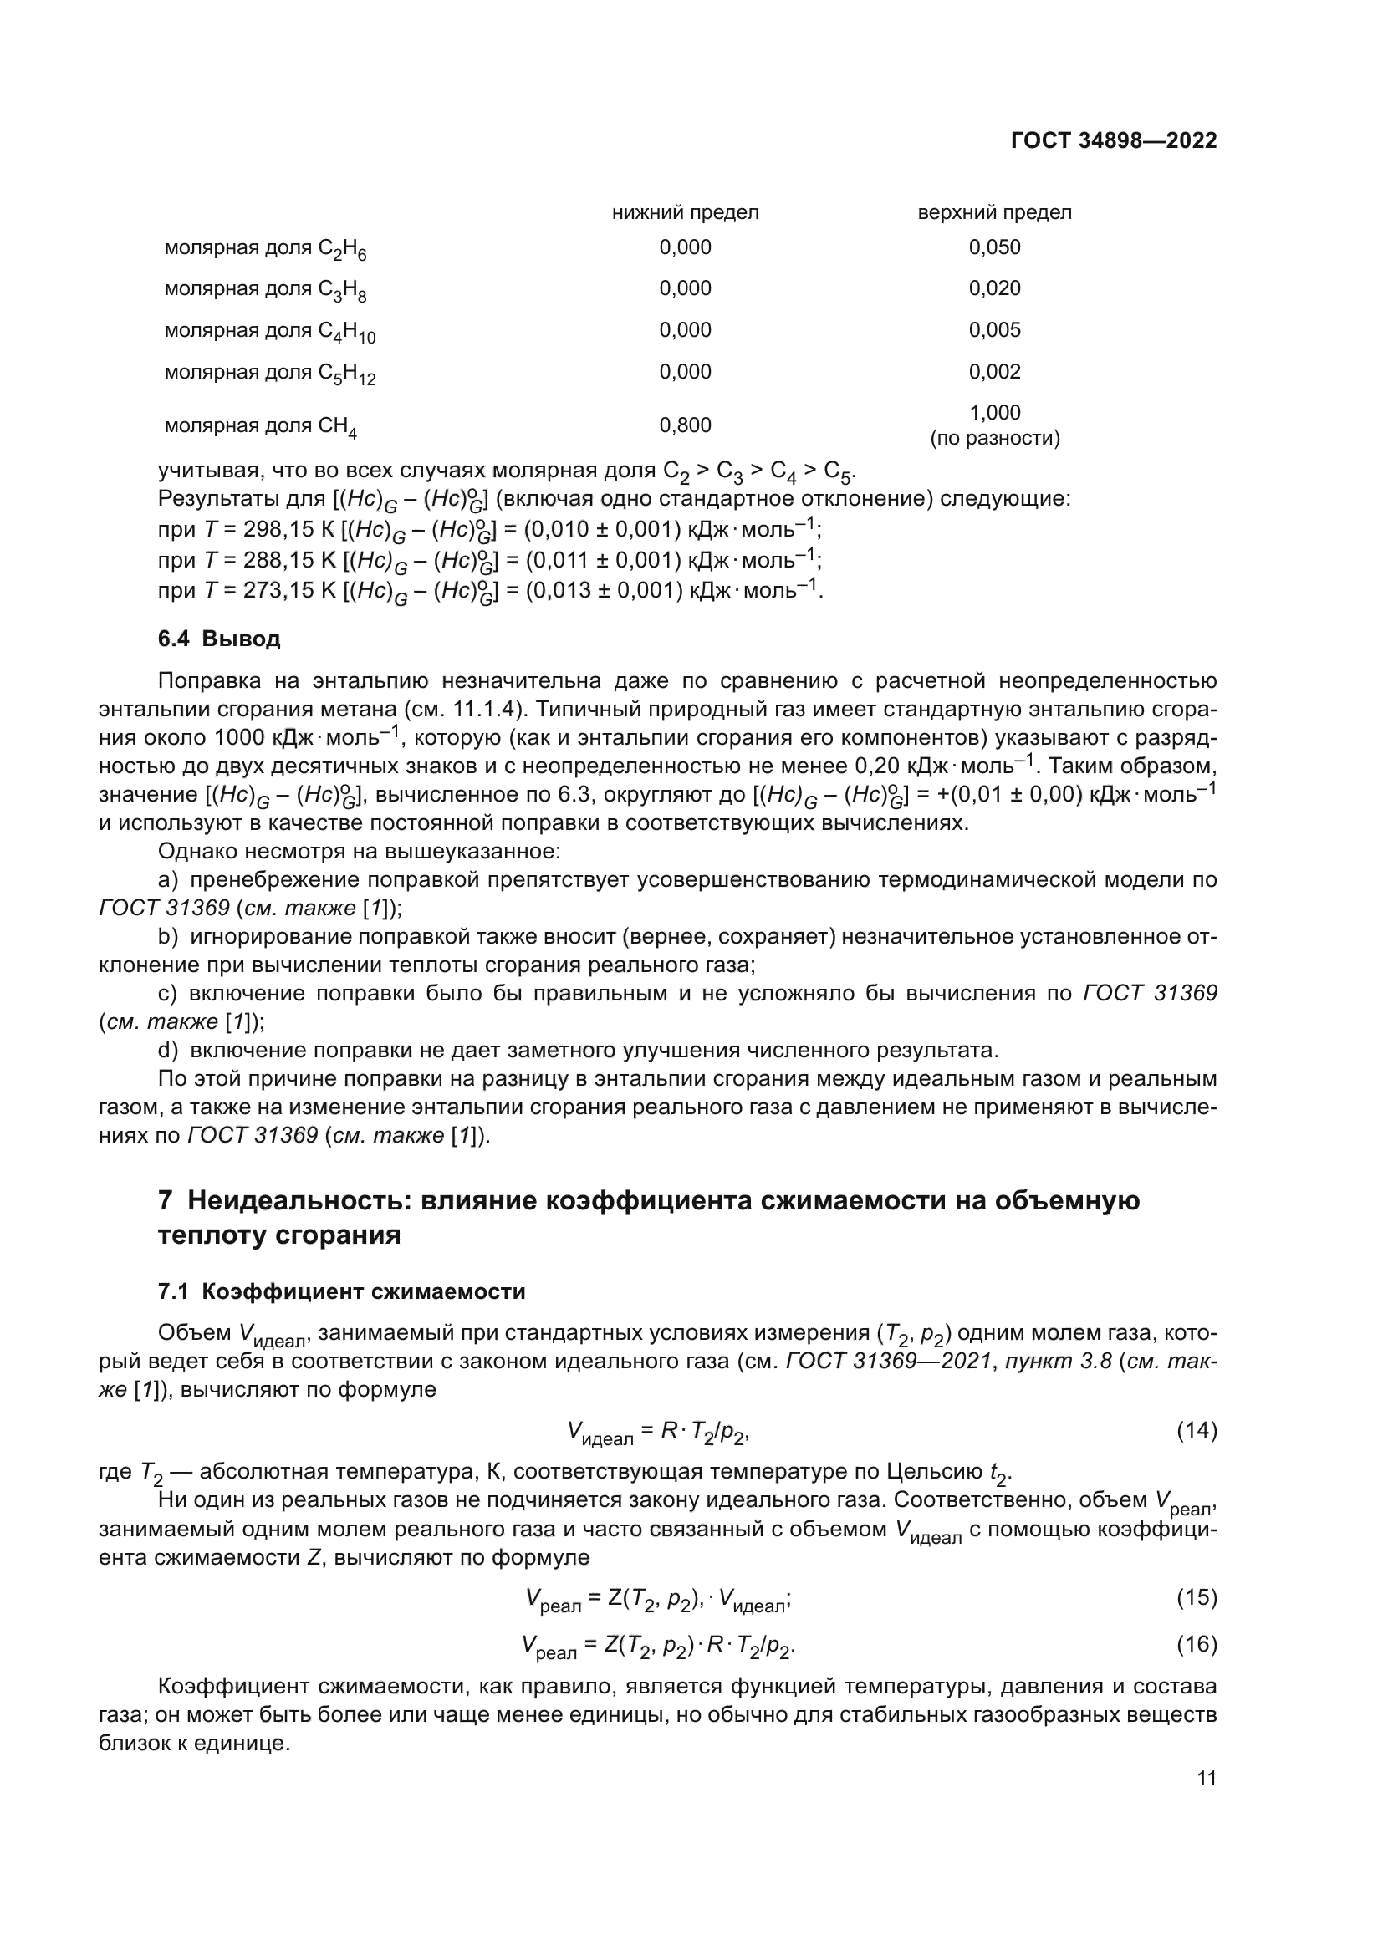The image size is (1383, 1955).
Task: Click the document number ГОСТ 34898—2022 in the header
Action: point(1113,140)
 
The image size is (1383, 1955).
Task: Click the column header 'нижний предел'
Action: point(685,212)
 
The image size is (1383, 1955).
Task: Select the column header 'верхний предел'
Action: point(994,212)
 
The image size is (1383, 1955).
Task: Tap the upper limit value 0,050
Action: point(994,247)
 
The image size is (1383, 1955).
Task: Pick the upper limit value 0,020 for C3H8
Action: point(994,288)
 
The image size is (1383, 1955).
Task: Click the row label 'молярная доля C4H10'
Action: point(269,331)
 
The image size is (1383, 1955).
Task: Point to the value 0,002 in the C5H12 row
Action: point(994,371)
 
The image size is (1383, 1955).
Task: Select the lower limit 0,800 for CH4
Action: point(685,425)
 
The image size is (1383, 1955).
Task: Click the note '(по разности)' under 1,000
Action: point(994,440)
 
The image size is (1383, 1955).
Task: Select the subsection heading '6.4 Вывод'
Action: point(219,639)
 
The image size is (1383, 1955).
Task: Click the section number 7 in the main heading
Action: point(166,1200)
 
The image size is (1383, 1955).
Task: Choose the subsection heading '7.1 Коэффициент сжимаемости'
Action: point(341,1291)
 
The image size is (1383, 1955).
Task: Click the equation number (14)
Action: point(1197,1430)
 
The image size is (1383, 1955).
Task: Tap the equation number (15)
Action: point(1197,1597)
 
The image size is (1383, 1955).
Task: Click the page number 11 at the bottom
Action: point(1206,1779)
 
